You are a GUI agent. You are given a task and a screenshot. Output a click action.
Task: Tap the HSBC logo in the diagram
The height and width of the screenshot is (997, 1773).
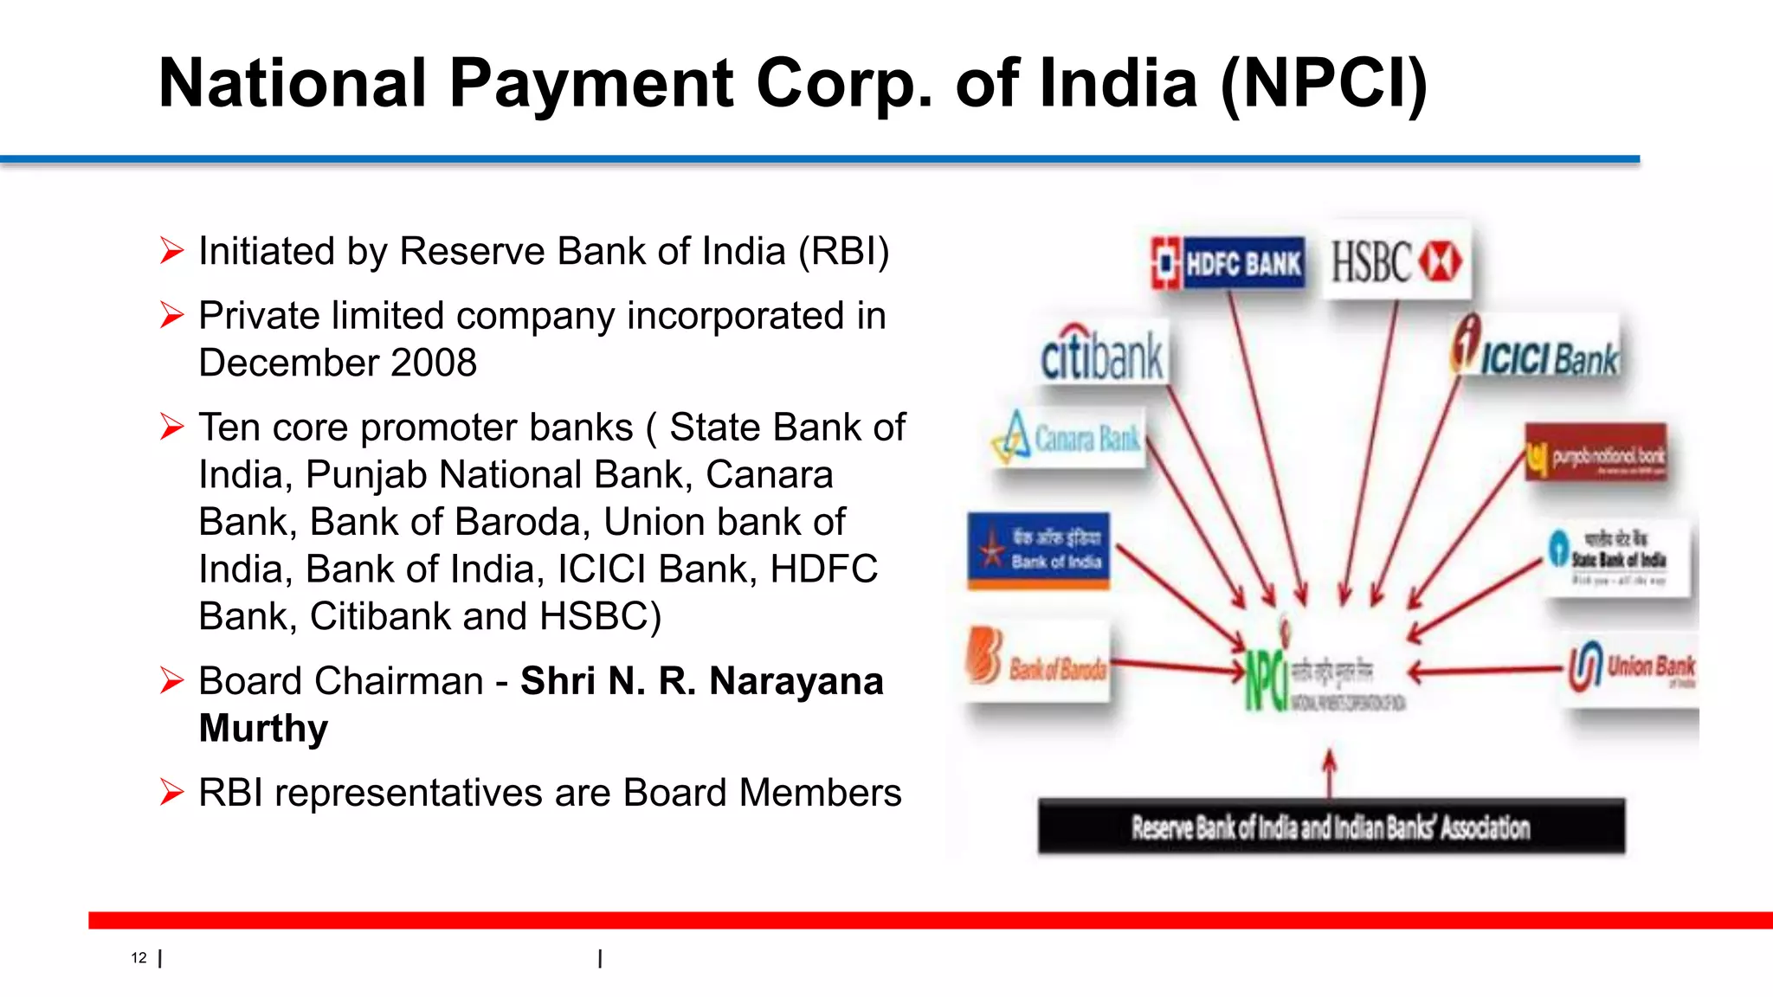point(1396,261)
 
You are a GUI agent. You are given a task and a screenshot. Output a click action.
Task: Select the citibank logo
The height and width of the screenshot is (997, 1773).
point(1102,355)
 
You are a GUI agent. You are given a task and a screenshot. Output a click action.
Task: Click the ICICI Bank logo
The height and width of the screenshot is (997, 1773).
point(1535,350)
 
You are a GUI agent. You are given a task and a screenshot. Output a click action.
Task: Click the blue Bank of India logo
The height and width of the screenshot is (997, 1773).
point(1038,550)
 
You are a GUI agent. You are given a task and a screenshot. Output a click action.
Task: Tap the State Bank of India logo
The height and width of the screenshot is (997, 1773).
point(1616,558)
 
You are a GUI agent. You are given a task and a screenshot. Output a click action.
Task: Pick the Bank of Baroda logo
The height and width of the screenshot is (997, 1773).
point(1037,663)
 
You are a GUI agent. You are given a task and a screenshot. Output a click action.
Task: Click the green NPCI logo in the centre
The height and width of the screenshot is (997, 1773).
point(1266,679)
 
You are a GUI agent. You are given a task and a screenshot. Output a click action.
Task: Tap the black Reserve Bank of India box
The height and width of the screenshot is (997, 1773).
point(1331,827)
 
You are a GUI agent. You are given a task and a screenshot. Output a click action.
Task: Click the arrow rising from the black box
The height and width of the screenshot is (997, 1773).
point(1330,772)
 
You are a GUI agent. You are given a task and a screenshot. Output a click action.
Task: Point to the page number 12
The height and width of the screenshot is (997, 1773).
point(139,958)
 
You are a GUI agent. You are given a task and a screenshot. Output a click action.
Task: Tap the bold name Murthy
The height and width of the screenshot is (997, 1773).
point(263,729)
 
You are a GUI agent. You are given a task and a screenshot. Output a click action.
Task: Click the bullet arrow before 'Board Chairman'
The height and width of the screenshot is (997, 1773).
point(171,681)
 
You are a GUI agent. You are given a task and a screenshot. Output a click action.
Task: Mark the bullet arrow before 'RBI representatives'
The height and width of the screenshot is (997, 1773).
point(171,793)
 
